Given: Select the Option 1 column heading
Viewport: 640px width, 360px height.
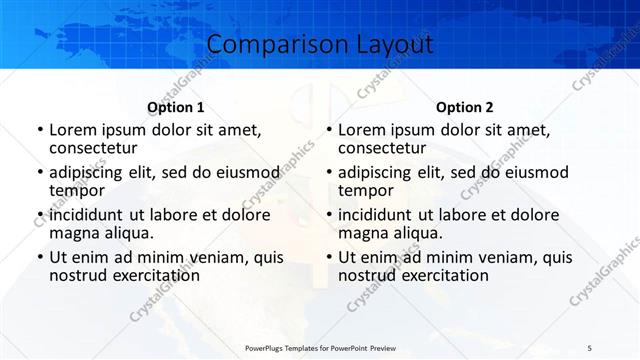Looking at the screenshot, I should coord(176,107).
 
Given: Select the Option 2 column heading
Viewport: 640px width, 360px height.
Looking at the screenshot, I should coord(465,107).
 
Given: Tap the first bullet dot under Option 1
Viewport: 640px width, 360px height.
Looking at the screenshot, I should coord(39,130).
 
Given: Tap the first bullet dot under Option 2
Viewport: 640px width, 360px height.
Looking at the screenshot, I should coord(328,130).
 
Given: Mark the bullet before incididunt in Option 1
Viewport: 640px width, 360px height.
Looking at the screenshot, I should coord(39,215).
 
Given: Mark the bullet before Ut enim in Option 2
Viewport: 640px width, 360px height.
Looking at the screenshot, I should coord(328,258).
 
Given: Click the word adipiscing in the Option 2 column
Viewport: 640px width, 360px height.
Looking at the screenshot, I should coord(374,172).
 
